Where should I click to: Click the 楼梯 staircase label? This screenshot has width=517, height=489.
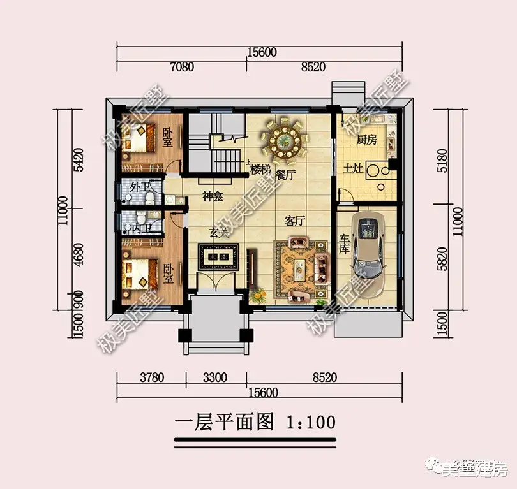coord(258,170)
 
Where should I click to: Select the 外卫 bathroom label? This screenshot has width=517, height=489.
coord(140,187)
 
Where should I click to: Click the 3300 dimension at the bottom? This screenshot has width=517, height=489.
coord(215,377)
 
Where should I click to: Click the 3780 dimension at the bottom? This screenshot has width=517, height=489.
coord(151,377)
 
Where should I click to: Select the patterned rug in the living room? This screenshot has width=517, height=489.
coord(299,268)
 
